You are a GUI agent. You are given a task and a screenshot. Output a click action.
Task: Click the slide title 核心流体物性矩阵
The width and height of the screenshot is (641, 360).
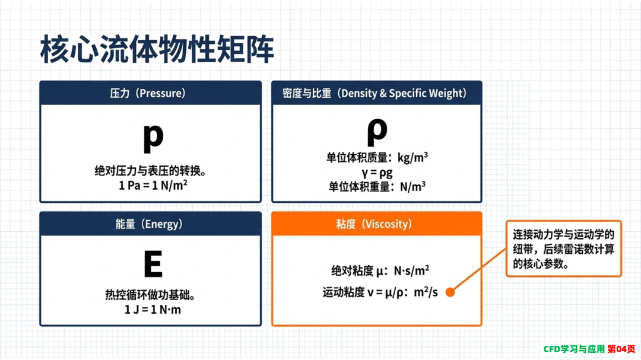coord(157,49)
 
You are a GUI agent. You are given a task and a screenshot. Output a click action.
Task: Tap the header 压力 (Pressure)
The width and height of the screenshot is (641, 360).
coord(148,93)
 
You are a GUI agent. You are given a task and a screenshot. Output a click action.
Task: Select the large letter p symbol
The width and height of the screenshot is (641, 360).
coord(153,138)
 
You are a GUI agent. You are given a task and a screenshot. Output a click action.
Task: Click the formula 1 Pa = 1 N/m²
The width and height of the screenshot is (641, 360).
coord(153,185)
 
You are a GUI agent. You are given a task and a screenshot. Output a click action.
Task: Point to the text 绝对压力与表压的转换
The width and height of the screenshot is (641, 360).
coord(150,170)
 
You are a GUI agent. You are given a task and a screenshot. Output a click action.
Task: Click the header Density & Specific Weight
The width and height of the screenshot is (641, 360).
coord(403,93)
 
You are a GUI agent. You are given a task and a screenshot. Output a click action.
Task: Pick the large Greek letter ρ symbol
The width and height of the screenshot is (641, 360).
coord(377,132)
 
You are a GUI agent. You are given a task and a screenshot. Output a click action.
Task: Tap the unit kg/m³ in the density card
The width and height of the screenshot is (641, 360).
coord(413,157)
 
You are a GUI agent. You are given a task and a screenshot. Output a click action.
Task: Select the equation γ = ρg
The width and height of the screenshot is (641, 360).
coord(377,173)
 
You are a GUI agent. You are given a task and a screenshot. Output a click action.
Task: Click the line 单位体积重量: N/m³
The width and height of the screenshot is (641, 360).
coord(377,187)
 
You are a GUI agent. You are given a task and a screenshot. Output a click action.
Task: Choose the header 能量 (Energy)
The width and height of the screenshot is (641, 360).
coord(149,224)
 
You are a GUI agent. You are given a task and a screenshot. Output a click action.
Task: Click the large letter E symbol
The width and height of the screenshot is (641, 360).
coord(153,264)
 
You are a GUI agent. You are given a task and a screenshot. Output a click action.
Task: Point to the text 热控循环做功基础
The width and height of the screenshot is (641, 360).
coord(150,295)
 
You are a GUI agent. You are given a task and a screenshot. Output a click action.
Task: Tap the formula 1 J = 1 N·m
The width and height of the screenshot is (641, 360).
coord(153,310)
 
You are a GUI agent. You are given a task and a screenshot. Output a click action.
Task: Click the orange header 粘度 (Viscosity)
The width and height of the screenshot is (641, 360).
coord(374,224)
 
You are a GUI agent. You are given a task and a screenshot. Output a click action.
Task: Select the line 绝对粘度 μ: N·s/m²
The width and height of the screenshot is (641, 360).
coord(380,270)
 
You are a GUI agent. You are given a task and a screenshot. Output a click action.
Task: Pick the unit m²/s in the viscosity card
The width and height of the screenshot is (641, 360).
coord(426,292)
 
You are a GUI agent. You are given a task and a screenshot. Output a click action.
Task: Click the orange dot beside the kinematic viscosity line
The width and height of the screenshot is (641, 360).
coord(450,292)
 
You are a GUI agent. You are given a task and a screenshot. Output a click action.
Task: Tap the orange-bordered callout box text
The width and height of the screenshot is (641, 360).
coord(563,249)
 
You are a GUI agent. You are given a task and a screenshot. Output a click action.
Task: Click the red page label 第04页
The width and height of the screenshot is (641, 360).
coord(621,349)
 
